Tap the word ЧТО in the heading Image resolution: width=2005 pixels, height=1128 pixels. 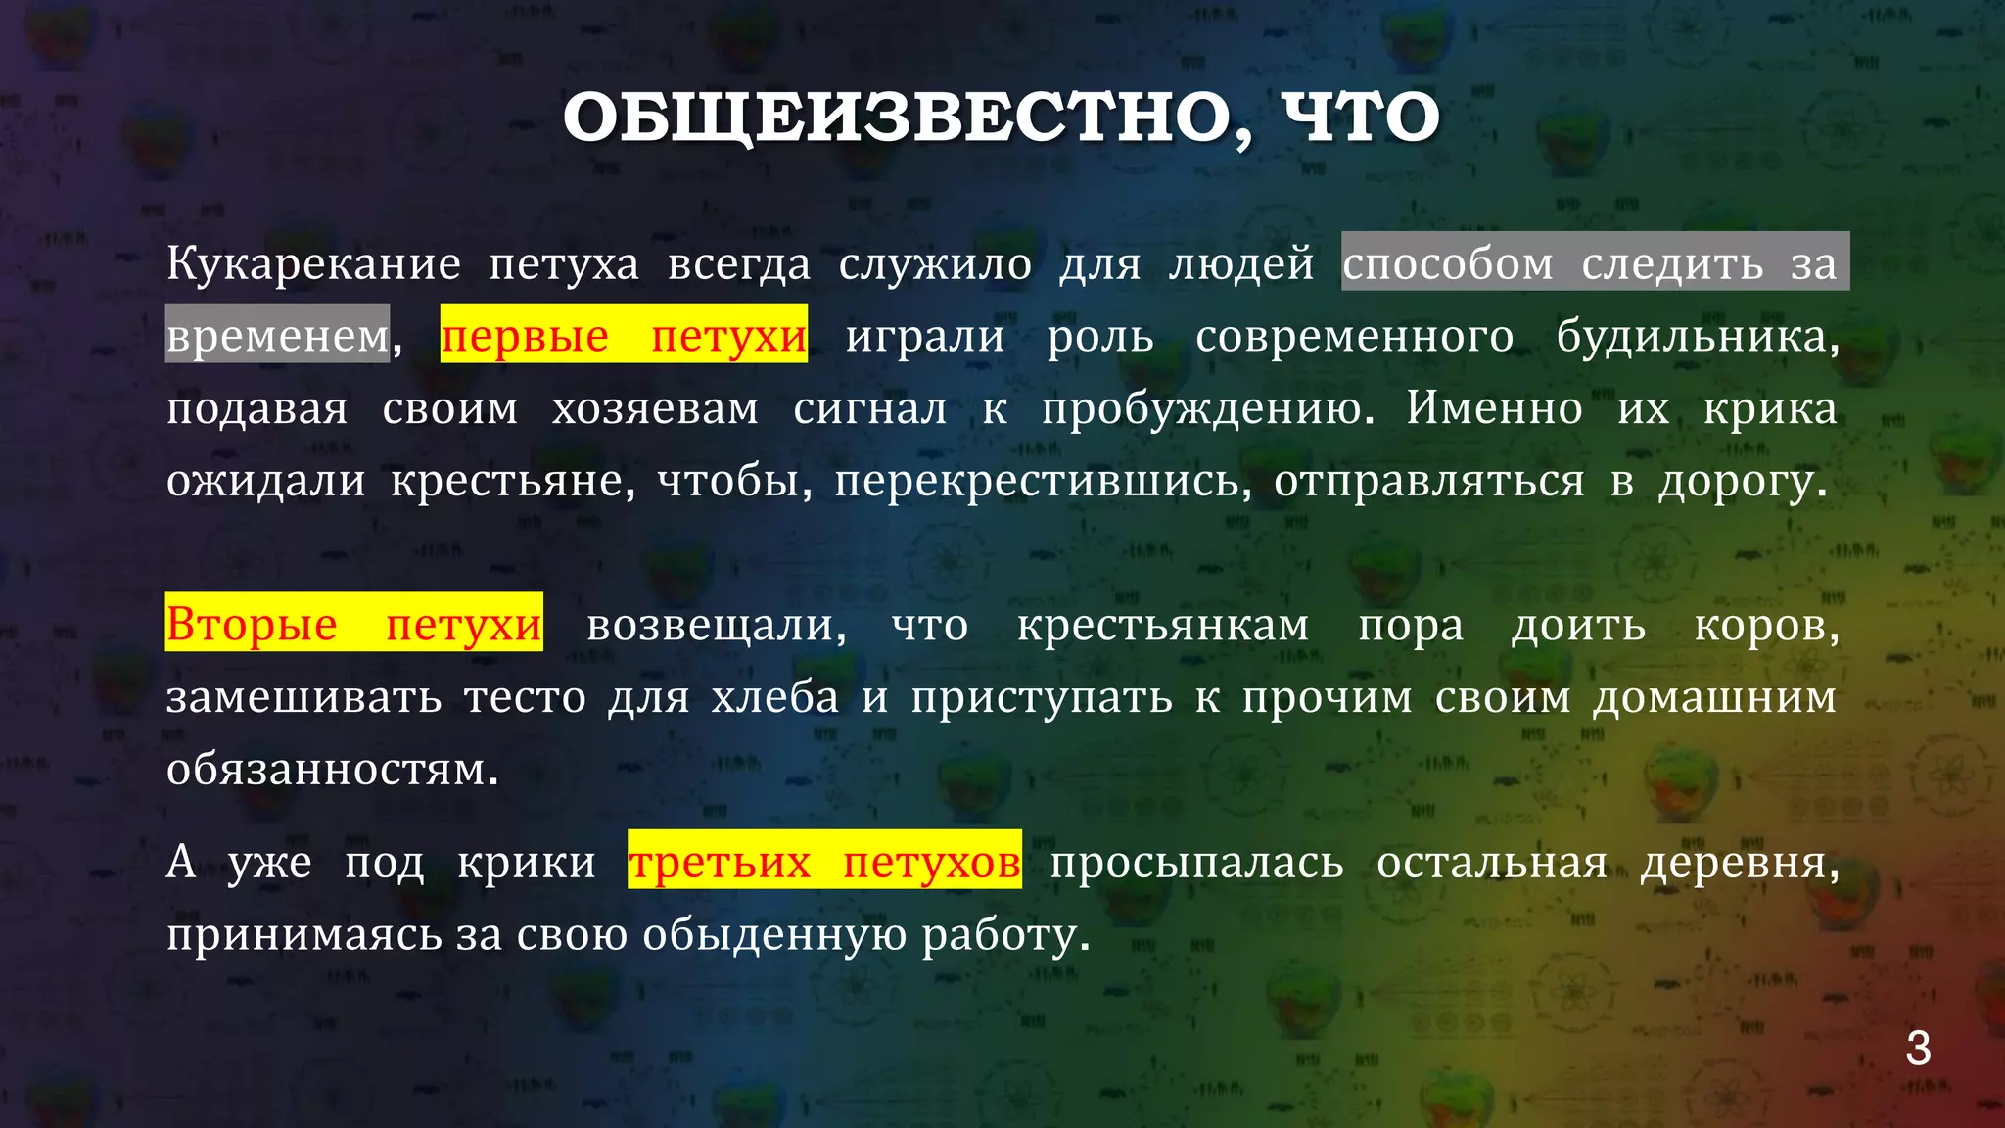click(x=1361, y=119)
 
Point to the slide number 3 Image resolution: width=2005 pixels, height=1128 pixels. click(x=1918, y=1049)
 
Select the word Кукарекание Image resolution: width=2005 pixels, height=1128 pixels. click(x=313, y=264)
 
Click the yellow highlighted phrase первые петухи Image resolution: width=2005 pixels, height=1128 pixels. click(x=624, y=336)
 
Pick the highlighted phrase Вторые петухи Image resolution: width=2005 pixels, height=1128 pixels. click(x=353, y=624)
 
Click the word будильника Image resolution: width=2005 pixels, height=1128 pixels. click(x=1697, y=336)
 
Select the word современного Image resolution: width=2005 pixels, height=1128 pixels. click(x=1354, y=336)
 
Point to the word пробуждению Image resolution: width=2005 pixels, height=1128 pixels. click(x=1208, y=408)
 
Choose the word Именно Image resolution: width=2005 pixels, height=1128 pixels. click(x=1494, y=408)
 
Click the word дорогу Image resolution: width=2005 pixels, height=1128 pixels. click(x=1742, y=481)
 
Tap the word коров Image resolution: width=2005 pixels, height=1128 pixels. click(x=1766, y=625)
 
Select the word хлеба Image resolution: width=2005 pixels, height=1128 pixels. click(x=775, y=697)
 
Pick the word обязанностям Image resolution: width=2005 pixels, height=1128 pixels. click(x=332, y=770)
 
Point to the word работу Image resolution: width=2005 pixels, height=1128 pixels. click(x=1005, y=935)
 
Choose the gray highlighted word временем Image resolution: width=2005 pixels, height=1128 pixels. click(x=278, y=336)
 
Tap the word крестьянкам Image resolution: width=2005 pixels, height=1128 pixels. click(x=1163, y=625)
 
